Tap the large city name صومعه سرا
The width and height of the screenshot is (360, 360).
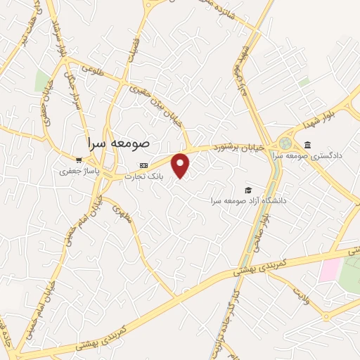coord(120,142)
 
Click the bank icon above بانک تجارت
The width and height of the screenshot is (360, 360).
coord(143,166)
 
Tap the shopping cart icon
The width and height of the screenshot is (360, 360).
coord(79,160)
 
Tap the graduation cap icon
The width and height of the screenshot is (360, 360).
coord(247,191)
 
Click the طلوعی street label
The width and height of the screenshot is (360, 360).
coord(93,69)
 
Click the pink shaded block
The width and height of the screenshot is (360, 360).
coord(329,270)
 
